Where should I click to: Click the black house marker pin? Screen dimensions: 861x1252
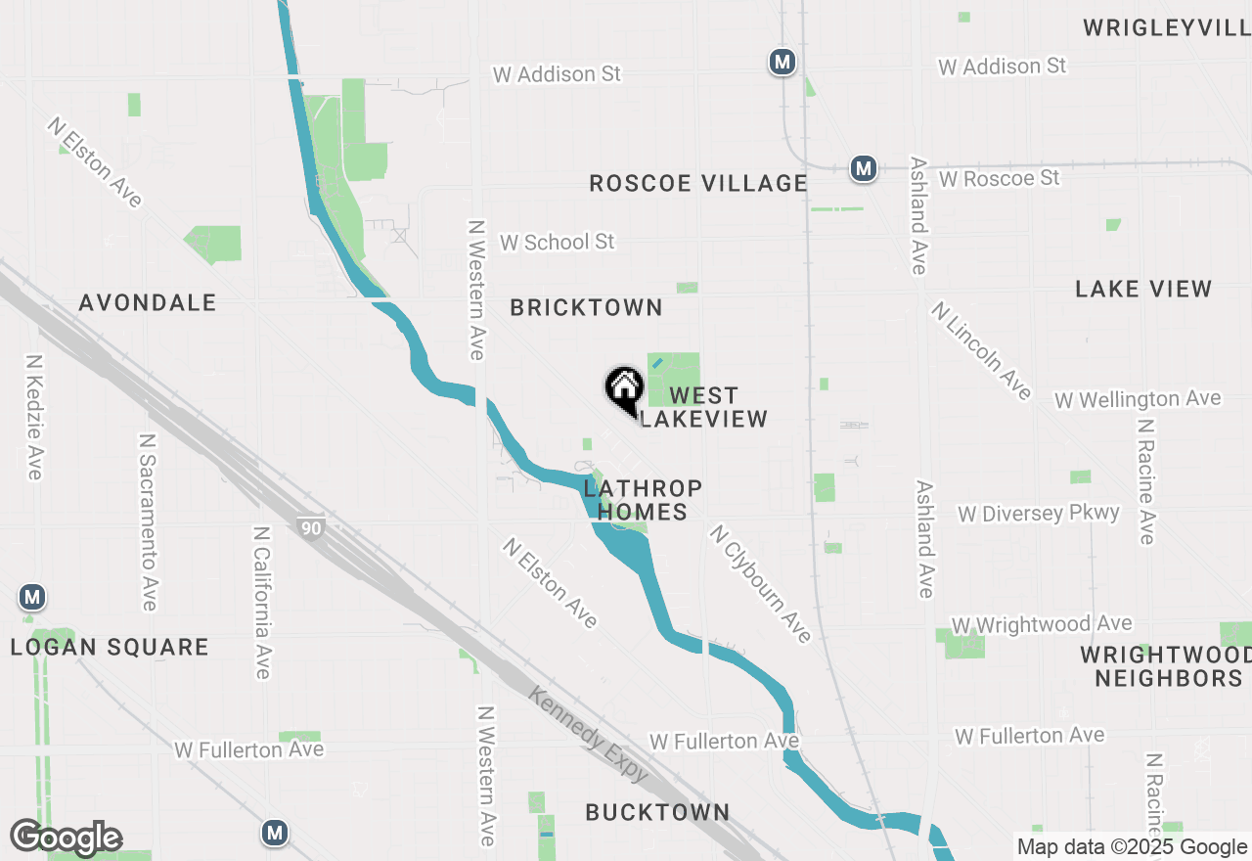click(624, 388)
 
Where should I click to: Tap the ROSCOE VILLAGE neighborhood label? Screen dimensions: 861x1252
click(698, 183)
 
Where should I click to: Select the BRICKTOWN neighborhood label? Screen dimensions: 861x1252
click(587, 307)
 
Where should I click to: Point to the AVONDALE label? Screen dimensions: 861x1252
click(148, 302)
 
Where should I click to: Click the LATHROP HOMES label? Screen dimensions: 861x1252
click(644, 499)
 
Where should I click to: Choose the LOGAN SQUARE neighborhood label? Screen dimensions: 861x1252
click(110, 647)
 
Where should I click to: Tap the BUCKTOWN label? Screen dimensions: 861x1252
click(657, 812)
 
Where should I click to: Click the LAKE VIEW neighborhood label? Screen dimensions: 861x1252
click(1143, 289)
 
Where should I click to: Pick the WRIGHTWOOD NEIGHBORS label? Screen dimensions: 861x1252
click(1167, 665)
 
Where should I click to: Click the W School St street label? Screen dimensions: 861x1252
click(557, 242)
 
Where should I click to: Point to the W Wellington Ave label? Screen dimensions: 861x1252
click(1138, 399)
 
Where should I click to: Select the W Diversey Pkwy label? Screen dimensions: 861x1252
click(1039, 514)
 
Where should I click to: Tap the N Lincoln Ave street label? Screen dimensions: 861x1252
click(981, 350)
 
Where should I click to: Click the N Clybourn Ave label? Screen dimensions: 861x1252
click(761, 583)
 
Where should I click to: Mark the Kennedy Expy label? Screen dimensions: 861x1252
click(589, 734)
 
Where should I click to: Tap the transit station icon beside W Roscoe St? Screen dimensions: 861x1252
click(863, 168)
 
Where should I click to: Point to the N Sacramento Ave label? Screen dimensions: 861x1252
click(148, 523)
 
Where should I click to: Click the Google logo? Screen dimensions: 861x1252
click(66, 838)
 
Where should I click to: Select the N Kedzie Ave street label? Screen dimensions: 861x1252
click(34, 417)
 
